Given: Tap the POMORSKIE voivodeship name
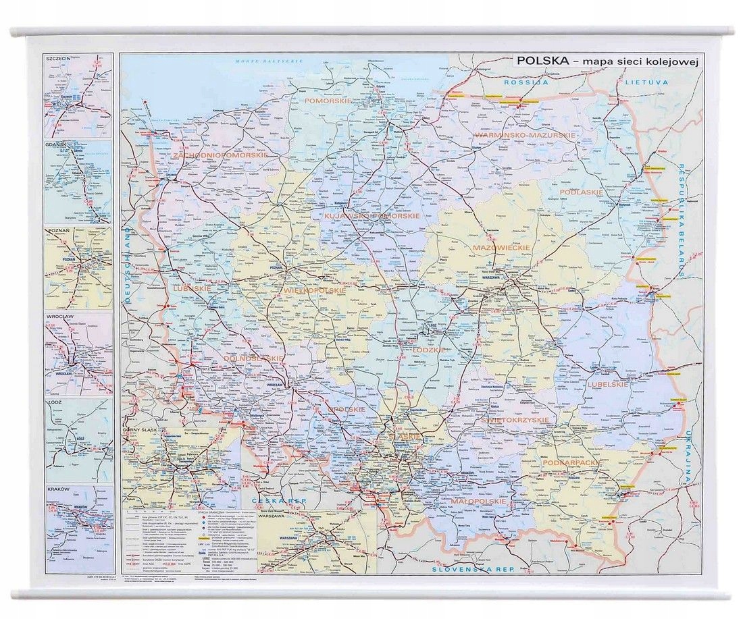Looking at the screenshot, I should (327, 101).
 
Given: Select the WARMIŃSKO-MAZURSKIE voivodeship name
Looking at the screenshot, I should (524, 135).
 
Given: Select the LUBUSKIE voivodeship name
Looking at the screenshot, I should (193, 288).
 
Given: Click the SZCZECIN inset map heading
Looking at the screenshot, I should (58, 59).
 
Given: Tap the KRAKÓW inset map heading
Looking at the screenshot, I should (59, 489).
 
